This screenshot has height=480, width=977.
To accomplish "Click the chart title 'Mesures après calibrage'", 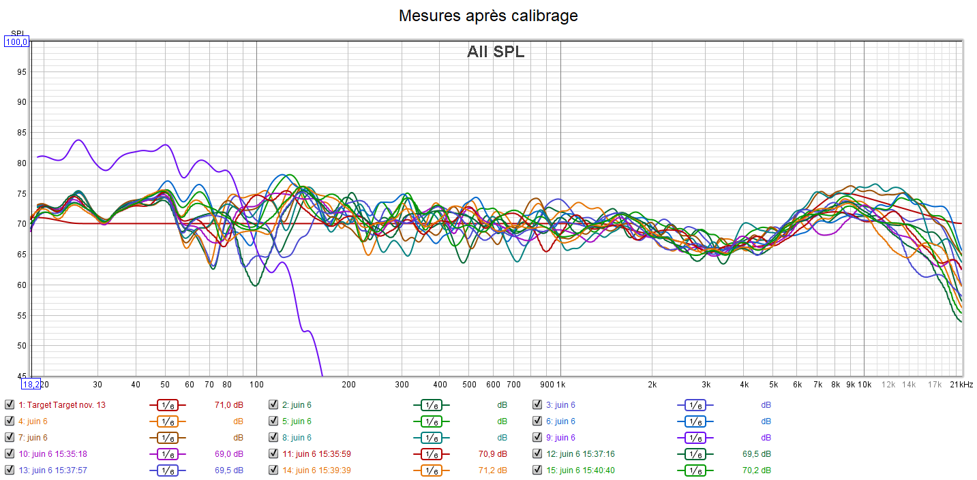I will (488, 16).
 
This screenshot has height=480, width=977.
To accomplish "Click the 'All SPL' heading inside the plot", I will (496, 52).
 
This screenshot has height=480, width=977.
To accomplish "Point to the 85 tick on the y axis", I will (21, 133).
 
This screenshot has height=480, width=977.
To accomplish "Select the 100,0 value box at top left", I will (16, 42).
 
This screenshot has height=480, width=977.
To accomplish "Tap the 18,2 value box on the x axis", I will (31, 384).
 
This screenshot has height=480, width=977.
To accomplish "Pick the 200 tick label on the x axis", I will (348, 385).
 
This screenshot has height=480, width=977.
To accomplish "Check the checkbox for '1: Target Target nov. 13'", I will (9, 405).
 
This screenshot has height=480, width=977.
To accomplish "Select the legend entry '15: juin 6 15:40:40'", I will (587, 470).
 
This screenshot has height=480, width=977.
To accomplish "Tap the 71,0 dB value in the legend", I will (228, 405).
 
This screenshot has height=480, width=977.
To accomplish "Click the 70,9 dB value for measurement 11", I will (492, 454).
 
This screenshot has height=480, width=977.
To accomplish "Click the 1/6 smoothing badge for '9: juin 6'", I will (695, 438).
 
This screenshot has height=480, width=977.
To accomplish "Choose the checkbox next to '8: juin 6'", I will (273, 438).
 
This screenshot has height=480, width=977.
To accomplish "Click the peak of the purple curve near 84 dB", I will (78, 140).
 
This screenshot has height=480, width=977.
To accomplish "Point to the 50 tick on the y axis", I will (21, 346).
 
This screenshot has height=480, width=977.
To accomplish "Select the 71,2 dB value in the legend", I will (492, 470).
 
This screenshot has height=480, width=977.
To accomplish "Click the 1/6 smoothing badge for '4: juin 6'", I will (168, 421).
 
